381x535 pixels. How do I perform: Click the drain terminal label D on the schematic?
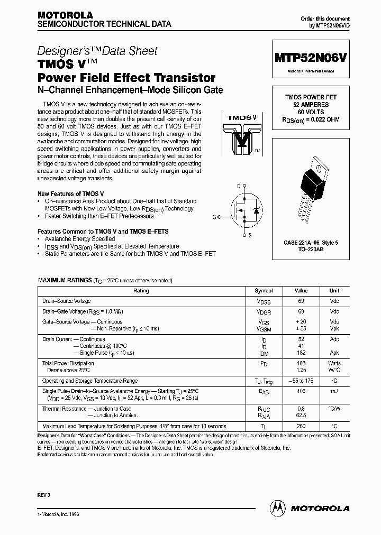pos(239,186)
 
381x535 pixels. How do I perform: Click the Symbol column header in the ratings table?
pos(264,291)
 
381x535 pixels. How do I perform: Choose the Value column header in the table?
pos(301,291)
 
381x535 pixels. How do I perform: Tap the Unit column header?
pos(334,291)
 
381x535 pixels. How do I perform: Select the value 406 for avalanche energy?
pos(301,391)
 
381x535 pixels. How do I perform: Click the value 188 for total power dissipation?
pos(301,364)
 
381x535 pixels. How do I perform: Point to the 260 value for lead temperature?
pos(301,426)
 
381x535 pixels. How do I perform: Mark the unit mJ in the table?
pos(334,391)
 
